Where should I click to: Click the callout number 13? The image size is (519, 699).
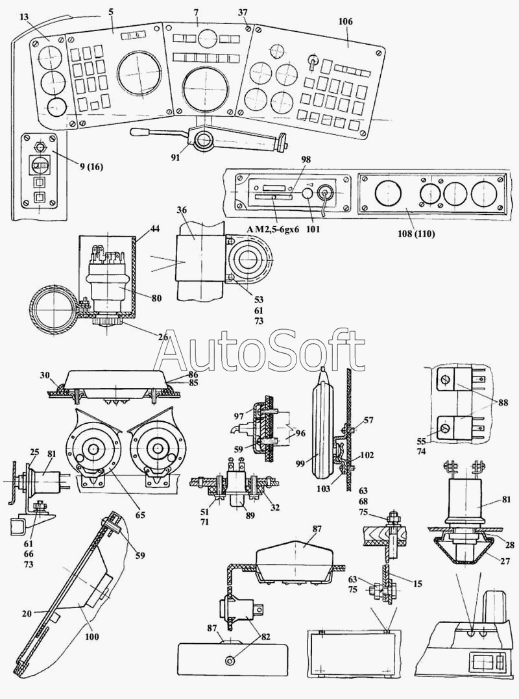24,16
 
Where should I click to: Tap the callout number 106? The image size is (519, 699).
345,21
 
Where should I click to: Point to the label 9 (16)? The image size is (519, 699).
90,167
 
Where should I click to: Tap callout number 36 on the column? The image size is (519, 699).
182,210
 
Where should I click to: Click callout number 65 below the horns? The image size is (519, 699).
140,514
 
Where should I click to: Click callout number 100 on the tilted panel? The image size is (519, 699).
92,637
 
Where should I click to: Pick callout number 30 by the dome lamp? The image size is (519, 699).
45,376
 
